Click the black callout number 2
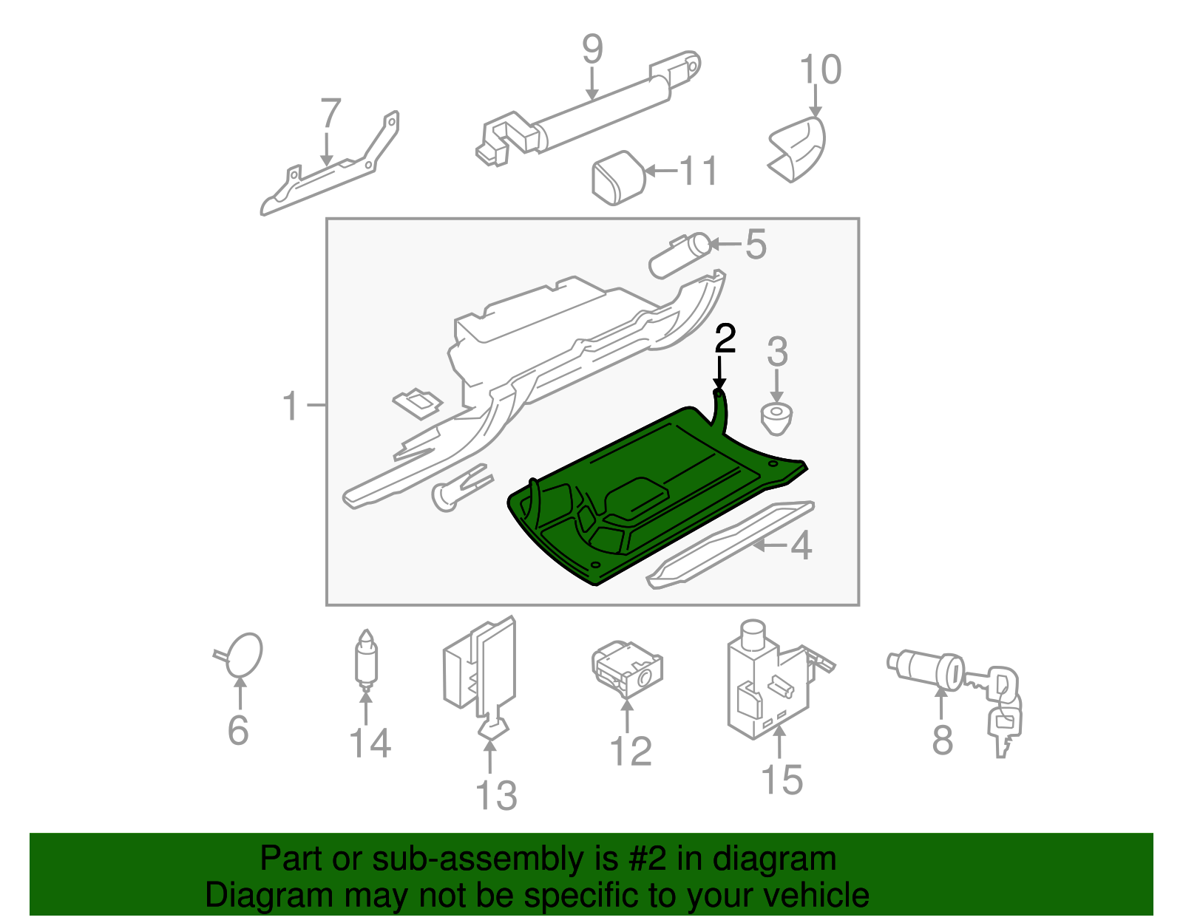click(725, 339)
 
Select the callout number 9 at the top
click(592, 50)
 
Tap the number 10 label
click(820, 70)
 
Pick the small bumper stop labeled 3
click(776, 418)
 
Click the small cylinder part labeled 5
click(679, 255)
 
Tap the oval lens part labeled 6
click(243, 655)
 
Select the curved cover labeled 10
click(799, 148)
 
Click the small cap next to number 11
click(619, 177)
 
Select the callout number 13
click(495, 796)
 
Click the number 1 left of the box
click(291, 406)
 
